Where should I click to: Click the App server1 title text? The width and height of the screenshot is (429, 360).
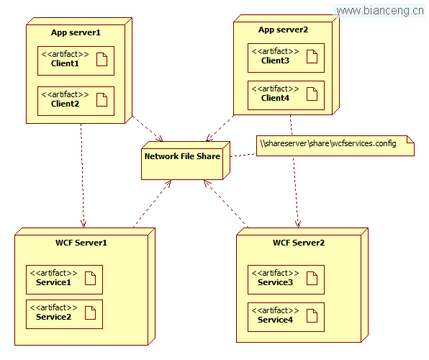coord(76,32)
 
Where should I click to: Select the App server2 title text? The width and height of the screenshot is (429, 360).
coord(283,30)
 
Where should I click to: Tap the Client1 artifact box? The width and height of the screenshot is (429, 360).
coord(76,60)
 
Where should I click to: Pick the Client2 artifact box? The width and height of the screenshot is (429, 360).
coord(76,101)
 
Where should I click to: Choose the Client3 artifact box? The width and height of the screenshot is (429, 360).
coord(286,58)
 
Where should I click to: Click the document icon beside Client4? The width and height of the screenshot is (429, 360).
coord(312,94)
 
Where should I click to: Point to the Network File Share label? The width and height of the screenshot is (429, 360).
coord(183,156)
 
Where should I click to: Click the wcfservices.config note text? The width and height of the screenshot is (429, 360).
coord(328,143)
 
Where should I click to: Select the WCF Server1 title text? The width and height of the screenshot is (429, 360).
coord(81,243)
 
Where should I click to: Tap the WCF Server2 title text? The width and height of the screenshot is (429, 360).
coord(299,243)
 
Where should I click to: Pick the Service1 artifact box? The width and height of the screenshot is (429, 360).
coord(64,279)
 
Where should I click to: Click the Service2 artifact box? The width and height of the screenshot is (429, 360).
coord(64,314)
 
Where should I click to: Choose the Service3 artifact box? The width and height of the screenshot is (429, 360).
coord(286,279)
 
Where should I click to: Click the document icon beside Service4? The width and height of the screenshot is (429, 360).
coord(312,315)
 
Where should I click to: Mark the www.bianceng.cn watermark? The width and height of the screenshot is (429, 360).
coord(380,11)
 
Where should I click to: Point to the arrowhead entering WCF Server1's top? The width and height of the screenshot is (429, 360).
coord(83,225)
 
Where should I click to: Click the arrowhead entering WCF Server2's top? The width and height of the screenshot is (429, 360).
coord(298,225)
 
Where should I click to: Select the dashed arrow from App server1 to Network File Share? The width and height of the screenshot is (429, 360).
coord(148,129)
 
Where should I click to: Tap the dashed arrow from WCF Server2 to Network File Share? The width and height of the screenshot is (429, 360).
coord(226,204)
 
